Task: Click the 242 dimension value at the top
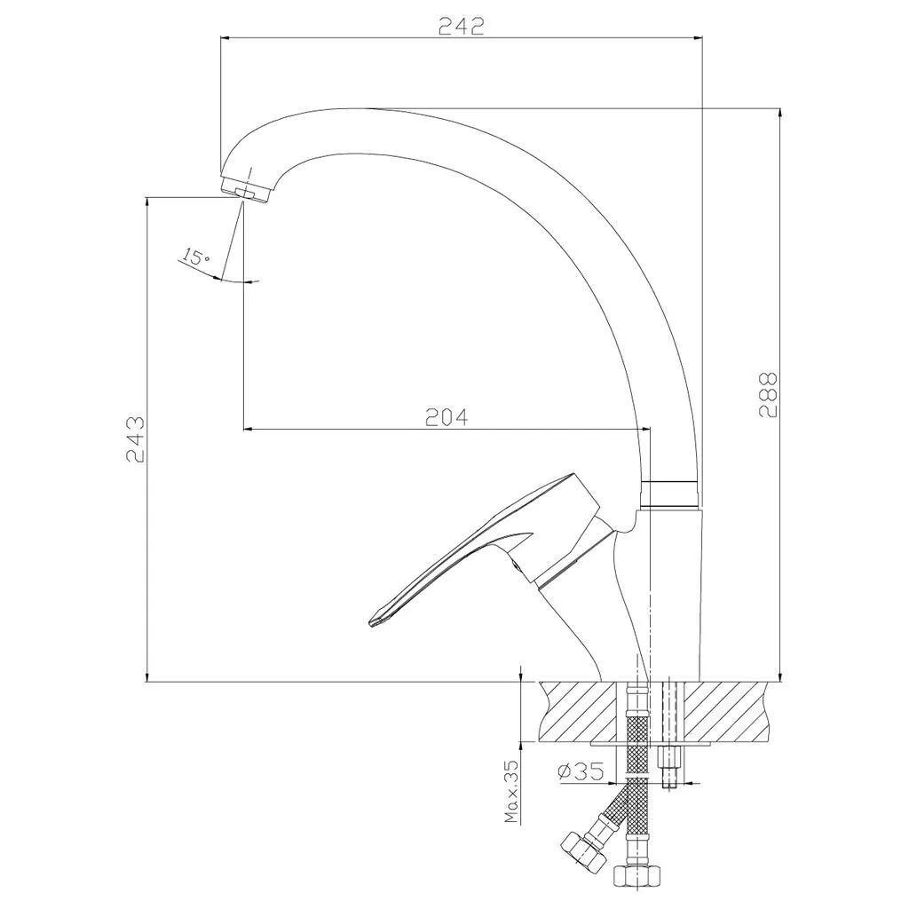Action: (461, 26)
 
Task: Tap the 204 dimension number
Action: (447, 417)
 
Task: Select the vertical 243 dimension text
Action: (135, 439)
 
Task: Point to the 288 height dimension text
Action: (768, 394)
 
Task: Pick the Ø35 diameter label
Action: (581, 771)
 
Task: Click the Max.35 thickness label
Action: (511, 791)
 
